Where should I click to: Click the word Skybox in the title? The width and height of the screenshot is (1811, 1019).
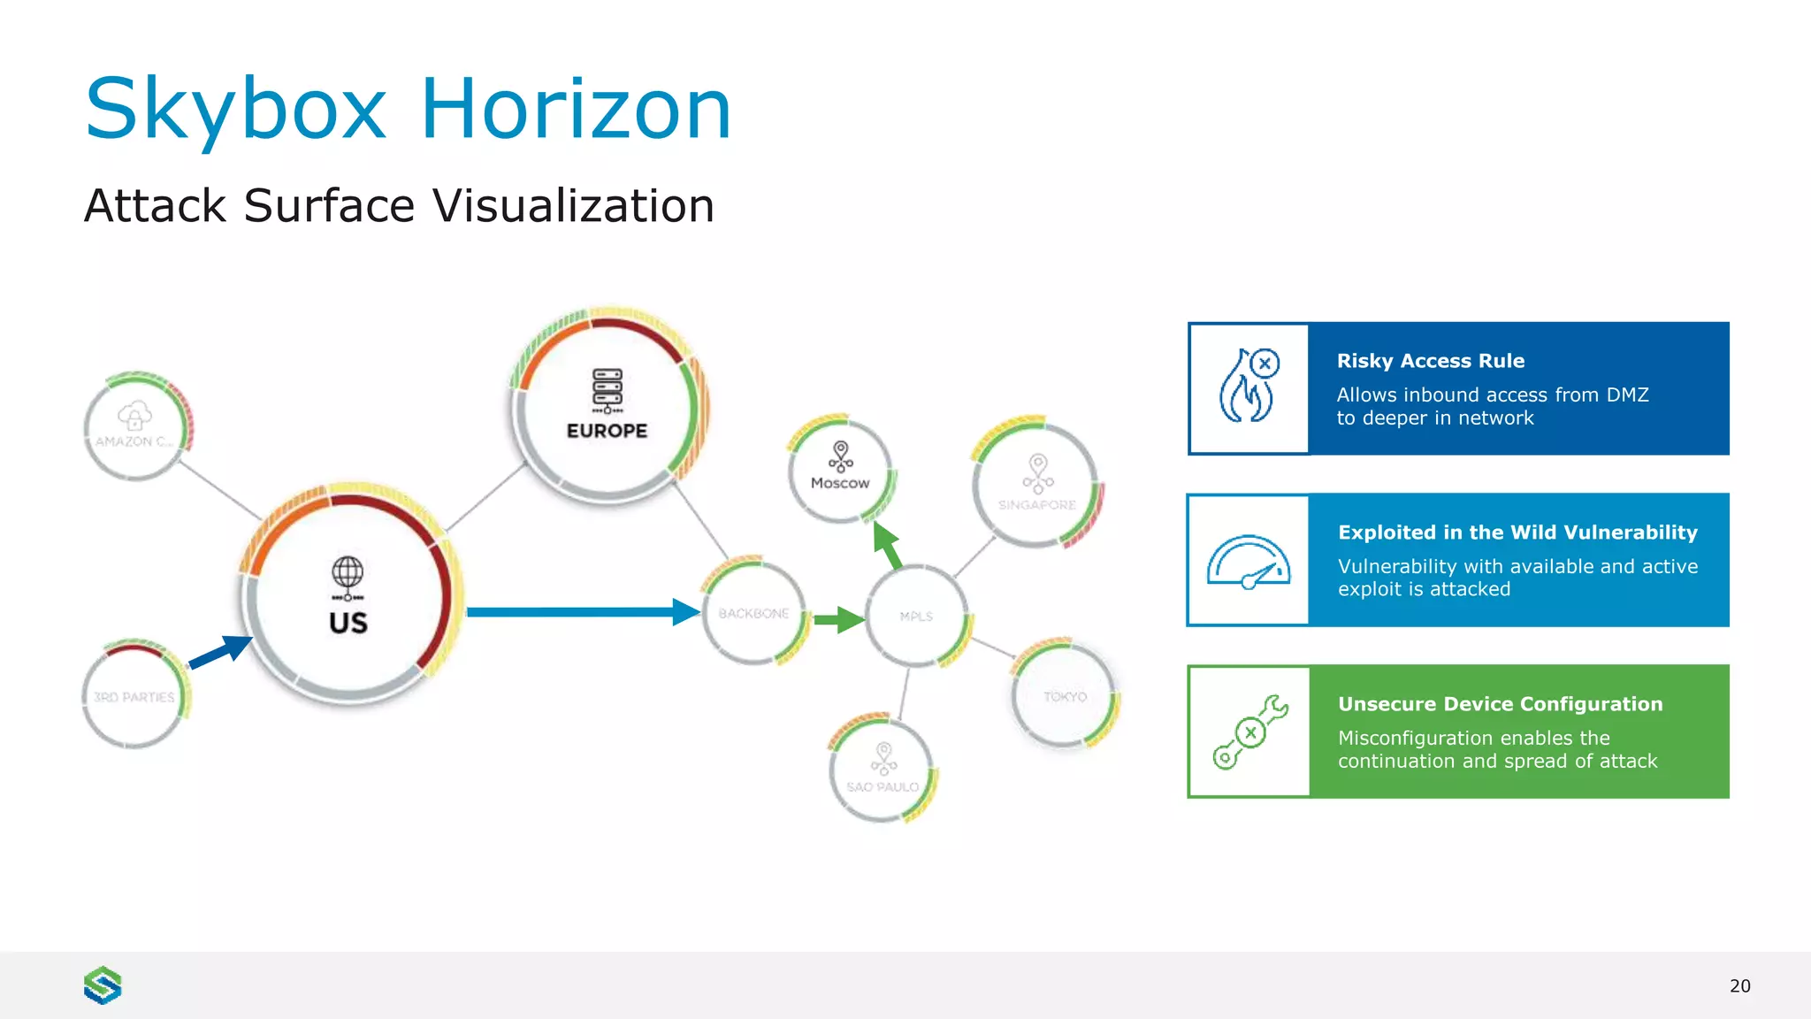[x=235, y=110]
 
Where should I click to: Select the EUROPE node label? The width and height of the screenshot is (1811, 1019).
[x=607, y=431]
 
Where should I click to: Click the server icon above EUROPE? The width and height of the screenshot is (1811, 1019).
[x=607, y=390]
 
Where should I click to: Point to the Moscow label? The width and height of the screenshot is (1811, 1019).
[x=840, y=483]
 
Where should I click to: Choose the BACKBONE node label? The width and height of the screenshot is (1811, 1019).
[x=753, y=613]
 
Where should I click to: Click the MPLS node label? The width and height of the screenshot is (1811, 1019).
[x=916, y=616]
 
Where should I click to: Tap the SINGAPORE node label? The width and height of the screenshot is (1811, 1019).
[x=1036, y=505]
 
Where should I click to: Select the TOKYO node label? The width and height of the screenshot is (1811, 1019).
[x=1065, y=697]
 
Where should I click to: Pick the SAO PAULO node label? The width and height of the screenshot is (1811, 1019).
[x=883, y=786]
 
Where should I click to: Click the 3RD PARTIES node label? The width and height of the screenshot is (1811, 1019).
[x=134, y=697]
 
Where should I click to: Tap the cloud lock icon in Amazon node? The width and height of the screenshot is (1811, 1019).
[x=134, y=416]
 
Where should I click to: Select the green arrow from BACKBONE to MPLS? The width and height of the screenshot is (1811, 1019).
[x=837, y=619]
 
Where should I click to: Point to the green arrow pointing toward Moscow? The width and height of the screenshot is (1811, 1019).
[x=888, y=545]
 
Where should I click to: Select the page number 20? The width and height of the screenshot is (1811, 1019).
[x=1739, y=986]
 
